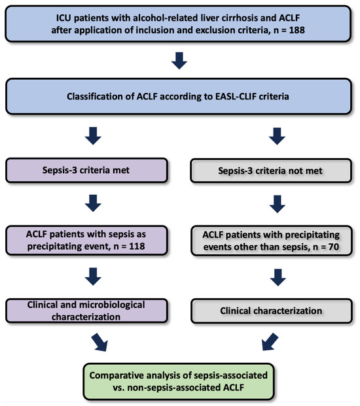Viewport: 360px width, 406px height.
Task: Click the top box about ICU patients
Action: tap(179, 23)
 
